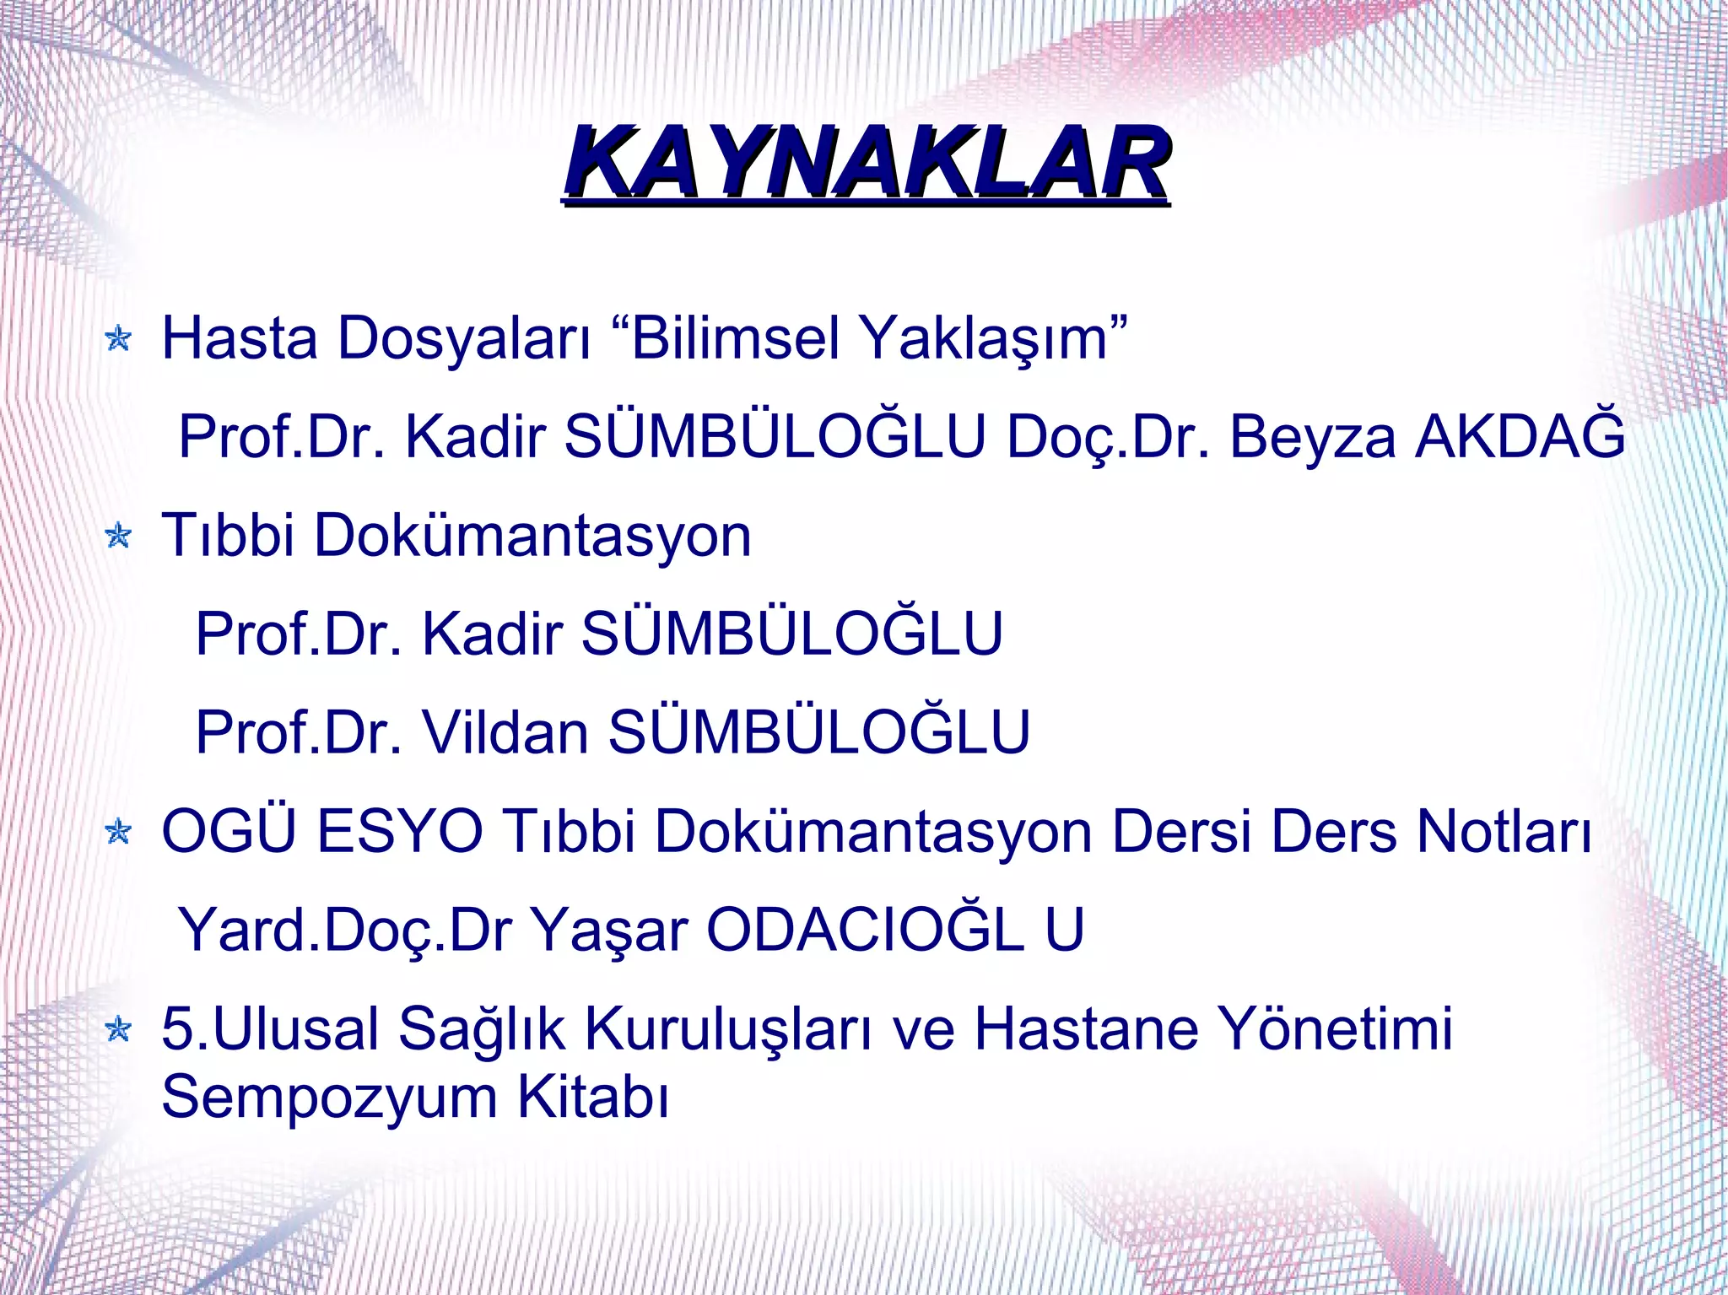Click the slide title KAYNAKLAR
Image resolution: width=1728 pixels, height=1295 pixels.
coord(867,163)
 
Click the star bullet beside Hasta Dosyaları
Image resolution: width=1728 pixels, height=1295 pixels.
coord(119,339)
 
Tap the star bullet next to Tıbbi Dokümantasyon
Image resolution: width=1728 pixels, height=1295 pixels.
coord(119,536)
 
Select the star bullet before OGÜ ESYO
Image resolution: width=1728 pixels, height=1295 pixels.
coord(119,833)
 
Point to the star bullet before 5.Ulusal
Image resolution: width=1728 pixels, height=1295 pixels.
coord(119,1029)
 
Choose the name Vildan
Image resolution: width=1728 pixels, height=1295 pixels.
coord(505,732)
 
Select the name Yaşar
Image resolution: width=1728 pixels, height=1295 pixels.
coord(610,931)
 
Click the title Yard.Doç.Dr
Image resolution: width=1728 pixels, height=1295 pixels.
coord(346,931)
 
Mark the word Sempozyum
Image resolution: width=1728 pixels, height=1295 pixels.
coord(330,1097)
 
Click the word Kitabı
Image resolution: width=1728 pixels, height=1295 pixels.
coord(593,1097)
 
